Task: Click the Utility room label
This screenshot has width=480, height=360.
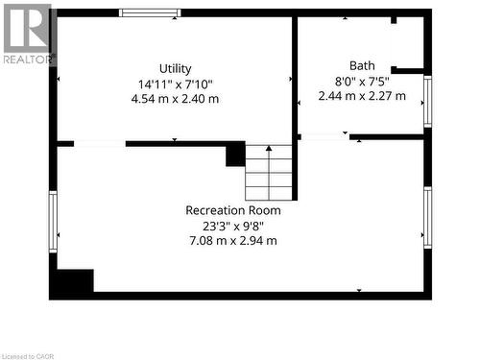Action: click(176, 68)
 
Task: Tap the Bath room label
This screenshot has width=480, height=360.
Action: click(362, 65)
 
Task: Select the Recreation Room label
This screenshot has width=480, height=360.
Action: click(233, 210)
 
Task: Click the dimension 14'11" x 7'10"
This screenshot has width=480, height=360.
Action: click(175, 84)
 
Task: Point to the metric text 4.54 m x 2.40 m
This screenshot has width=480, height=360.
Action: click(175, 98)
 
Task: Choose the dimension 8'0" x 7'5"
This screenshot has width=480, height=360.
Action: click(362, 81)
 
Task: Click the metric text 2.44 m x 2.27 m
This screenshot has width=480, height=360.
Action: click(362, 95)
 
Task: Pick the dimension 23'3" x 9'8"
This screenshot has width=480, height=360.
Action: click(233, 226)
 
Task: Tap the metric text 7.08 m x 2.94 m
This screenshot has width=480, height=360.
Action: click(233, 240)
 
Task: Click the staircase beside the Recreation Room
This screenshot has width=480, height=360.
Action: click(269, 172)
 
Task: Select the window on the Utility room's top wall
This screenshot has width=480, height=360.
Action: click(150, 12)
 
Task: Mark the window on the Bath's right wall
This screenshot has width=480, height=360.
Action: click(427, 100)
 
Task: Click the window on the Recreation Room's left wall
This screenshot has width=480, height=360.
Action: click(53, 221)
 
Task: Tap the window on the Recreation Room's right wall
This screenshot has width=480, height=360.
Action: click(427, 217)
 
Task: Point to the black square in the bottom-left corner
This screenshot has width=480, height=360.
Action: click(73, 282)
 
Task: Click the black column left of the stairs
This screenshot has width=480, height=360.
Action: click(235, 155)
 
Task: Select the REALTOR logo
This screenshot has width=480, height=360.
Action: click(27, 33)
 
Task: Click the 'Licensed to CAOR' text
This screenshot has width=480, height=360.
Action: click(32, 354)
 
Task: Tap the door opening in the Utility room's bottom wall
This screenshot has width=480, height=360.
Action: click(99, 143)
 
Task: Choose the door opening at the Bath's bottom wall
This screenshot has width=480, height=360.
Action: click(324, 137)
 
